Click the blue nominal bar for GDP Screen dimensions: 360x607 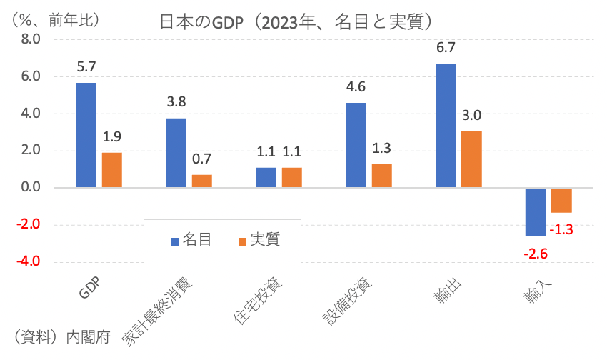pyautogui.click(x=86, y=135)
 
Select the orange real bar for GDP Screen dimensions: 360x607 pyautogui.click(x=112, y=170)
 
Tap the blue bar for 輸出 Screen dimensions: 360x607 pyautogui.click(x=446, y=125)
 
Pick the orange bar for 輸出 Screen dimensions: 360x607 pyautogui.click(x=472, y=159)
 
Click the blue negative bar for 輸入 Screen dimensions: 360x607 pyautogui.click(x=536, y=211)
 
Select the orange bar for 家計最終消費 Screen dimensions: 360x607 pyautogui.click(x=202, y=181)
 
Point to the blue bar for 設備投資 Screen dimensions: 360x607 pyautogui.click(x=356, y=145)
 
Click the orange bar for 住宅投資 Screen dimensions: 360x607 pyautogui.click(x=292, y=177)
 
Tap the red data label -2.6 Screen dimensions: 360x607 pyautogui.click(x=536, y=254)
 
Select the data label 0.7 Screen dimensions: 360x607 pyautogui.click(x=202, y=159)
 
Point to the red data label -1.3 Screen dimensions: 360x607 pyautogui.click(x=562, y=229)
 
